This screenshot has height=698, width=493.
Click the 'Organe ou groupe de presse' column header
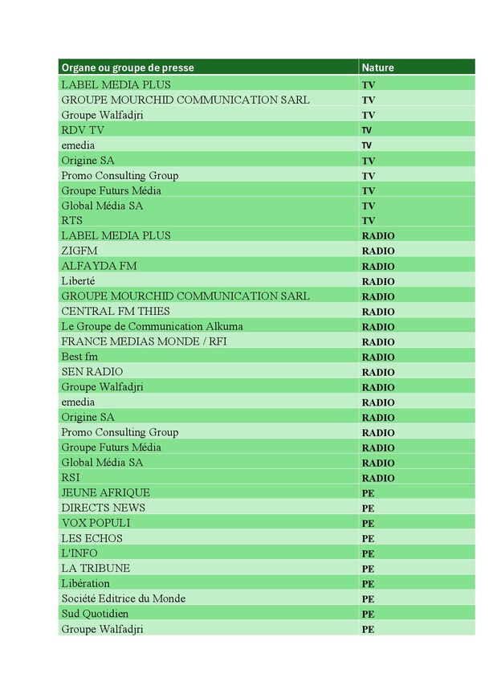(x=128, y=68)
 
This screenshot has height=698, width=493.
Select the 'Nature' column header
(x=377, y=68)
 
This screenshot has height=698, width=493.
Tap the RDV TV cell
(x=83, y=130)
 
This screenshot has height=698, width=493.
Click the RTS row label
(x=71, y=220)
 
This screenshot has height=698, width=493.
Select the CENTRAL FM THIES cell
(x=115, y=311)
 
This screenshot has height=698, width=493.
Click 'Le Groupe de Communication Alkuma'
(x=152, y=326)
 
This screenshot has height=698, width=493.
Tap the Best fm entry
(x=79, y=357)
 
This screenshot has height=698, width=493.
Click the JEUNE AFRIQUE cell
(x=105, y=492)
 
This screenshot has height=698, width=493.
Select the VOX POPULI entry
(x=96, y=523)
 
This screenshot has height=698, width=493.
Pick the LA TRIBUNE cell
(x=96, y=568)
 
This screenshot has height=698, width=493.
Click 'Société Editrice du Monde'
(x=123, y=598)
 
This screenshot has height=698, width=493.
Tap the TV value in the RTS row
(x=369, y=221)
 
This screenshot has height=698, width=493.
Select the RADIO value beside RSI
(x=378, y=478)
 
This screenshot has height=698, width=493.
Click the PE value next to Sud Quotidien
(x=368, y=614)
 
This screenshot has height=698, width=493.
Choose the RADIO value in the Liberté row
(x=378, y=282)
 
